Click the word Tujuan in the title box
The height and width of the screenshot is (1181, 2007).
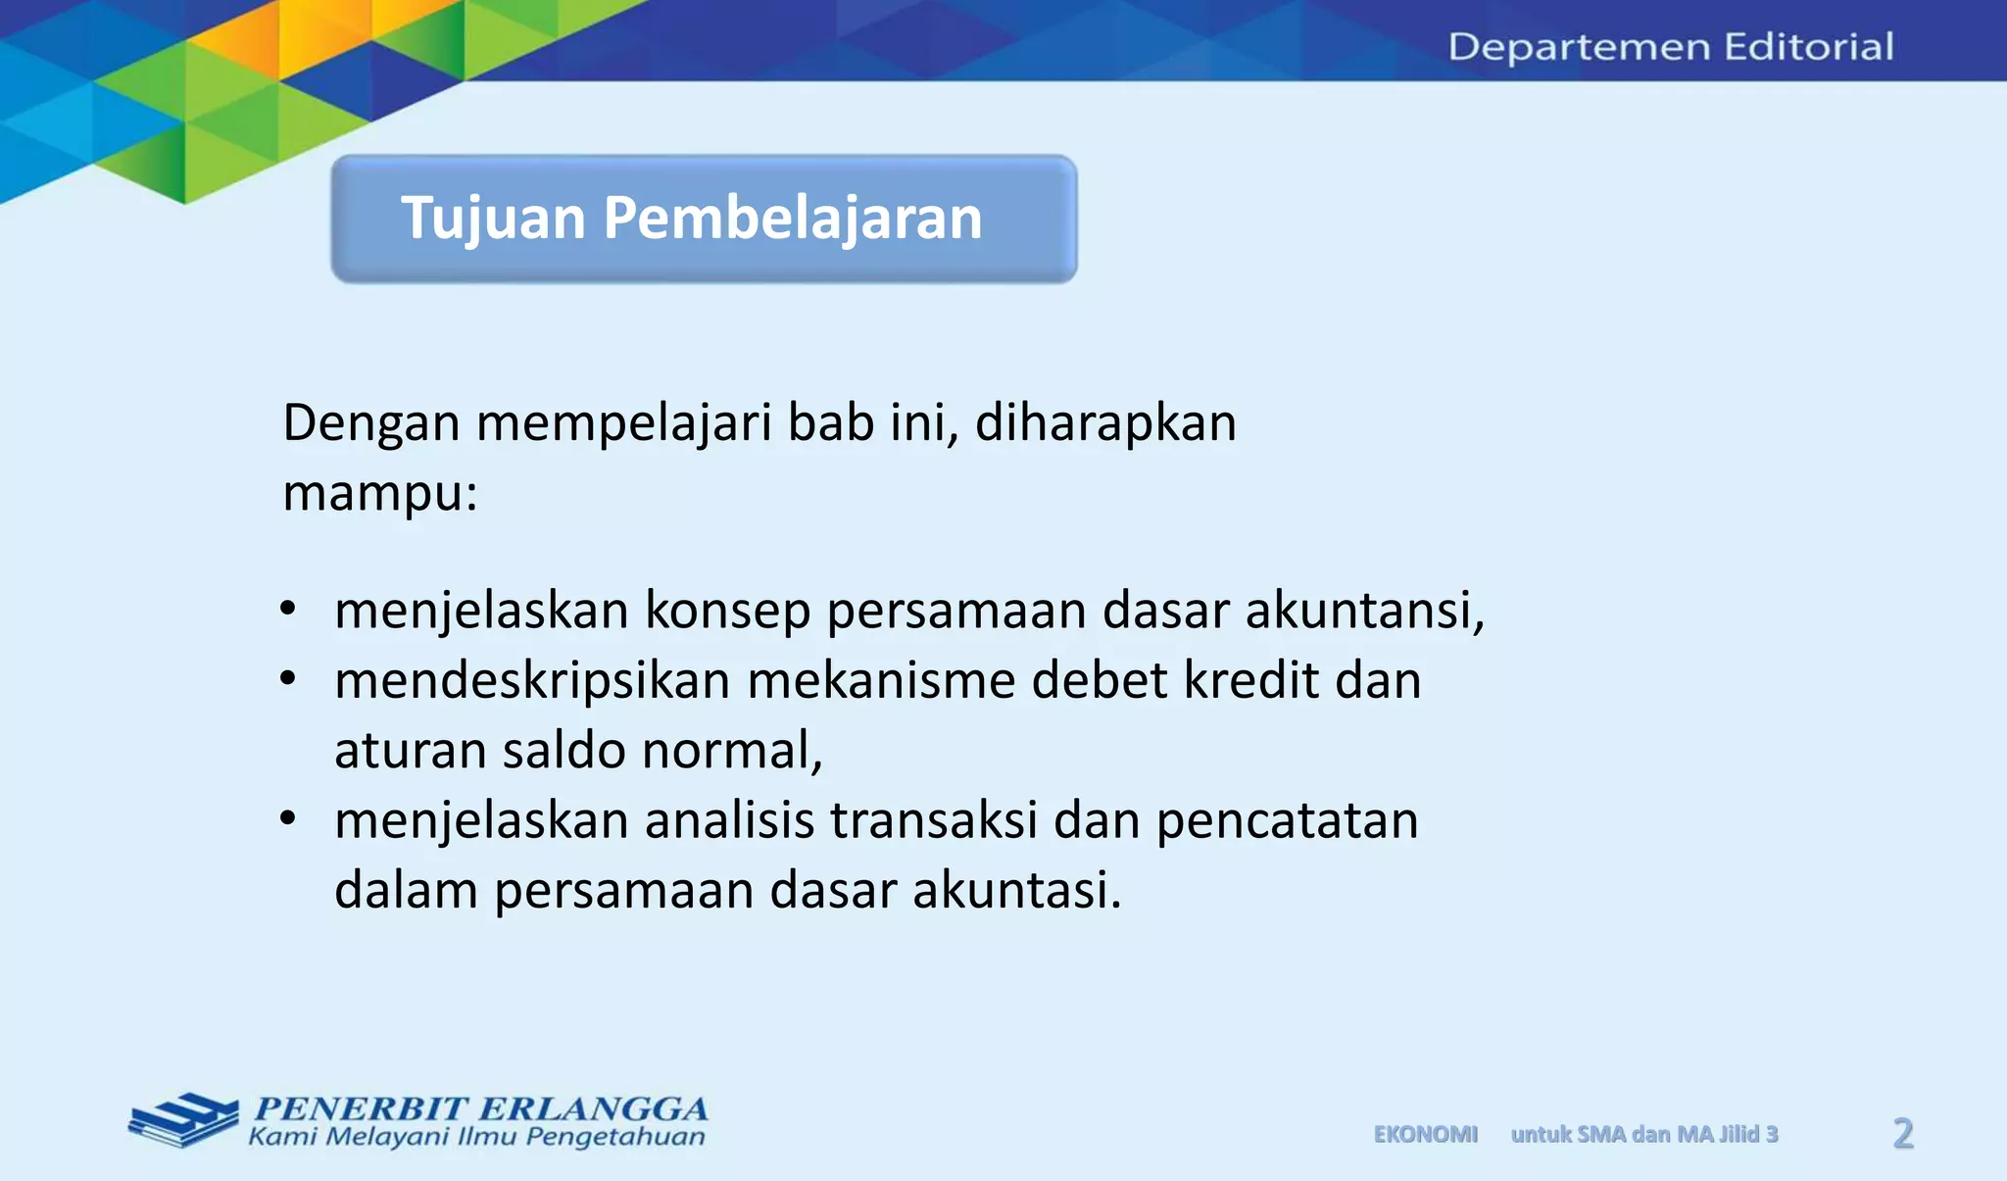(493, 218)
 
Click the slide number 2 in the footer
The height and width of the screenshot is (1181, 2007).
(1903, 1134)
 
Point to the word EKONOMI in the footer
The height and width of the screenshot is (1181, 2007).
(1425, 1134)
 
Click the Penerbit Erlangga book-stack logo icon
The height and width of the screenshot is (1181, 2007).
(183, 1119)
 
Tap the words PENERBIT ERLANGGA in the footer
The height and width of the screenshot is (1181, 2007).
(480, 1108)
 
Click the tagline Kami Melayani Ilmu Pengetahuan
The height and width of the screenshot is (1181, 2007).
(476, 1137)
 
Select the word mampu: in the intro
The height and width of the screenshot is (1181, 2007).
(379, 492)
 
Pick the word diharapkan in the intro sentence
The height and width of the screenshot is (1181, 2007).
(1105, 423)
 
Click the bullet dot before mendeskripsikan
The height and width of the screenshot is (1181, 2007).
(287, 678)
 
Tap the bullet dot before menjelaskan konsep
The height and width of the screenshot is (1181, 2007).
(287, 609)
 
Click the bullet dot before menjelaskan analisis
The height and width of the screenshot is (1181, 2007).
(287, 818)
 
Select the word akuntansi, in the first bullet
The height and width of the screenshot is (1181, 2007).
(1365, 611)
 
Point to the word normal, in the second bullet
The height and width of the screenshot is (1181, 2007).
(732, 751)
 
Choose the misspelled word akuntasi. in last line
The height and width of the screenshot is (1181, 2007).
(1016, 890)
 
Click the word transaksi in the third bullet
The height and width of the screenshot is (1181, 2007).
(933, 820)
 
